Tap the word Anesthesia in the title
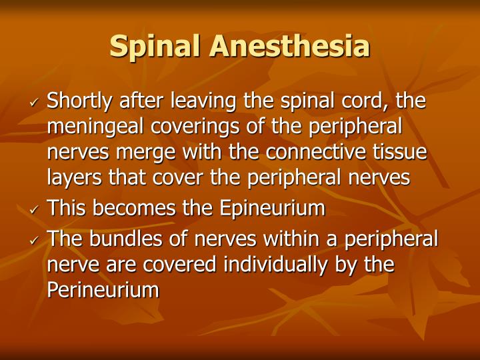point(289,46)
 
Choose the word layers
point(73,178)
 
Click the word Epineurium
point(271,209)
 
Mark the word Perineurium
point(103,290)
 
